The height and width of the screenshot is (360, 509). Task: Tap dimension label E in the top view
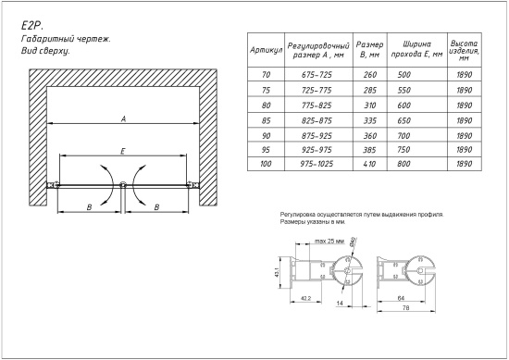click(x=123, y=150)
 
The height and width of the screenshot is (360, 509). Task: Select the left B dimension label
click(x=89, y=208)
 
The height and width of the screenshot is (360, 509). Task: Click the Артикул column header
click(x=266, y=48)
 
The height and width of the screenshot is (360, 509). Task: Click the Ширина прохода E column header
click(x=408, y=48)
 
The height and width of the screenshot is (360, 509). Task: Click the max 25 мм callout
click(x=329, y=241)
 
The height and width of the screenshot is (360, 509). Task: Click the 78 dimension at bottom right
click(x=404, y=307)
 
